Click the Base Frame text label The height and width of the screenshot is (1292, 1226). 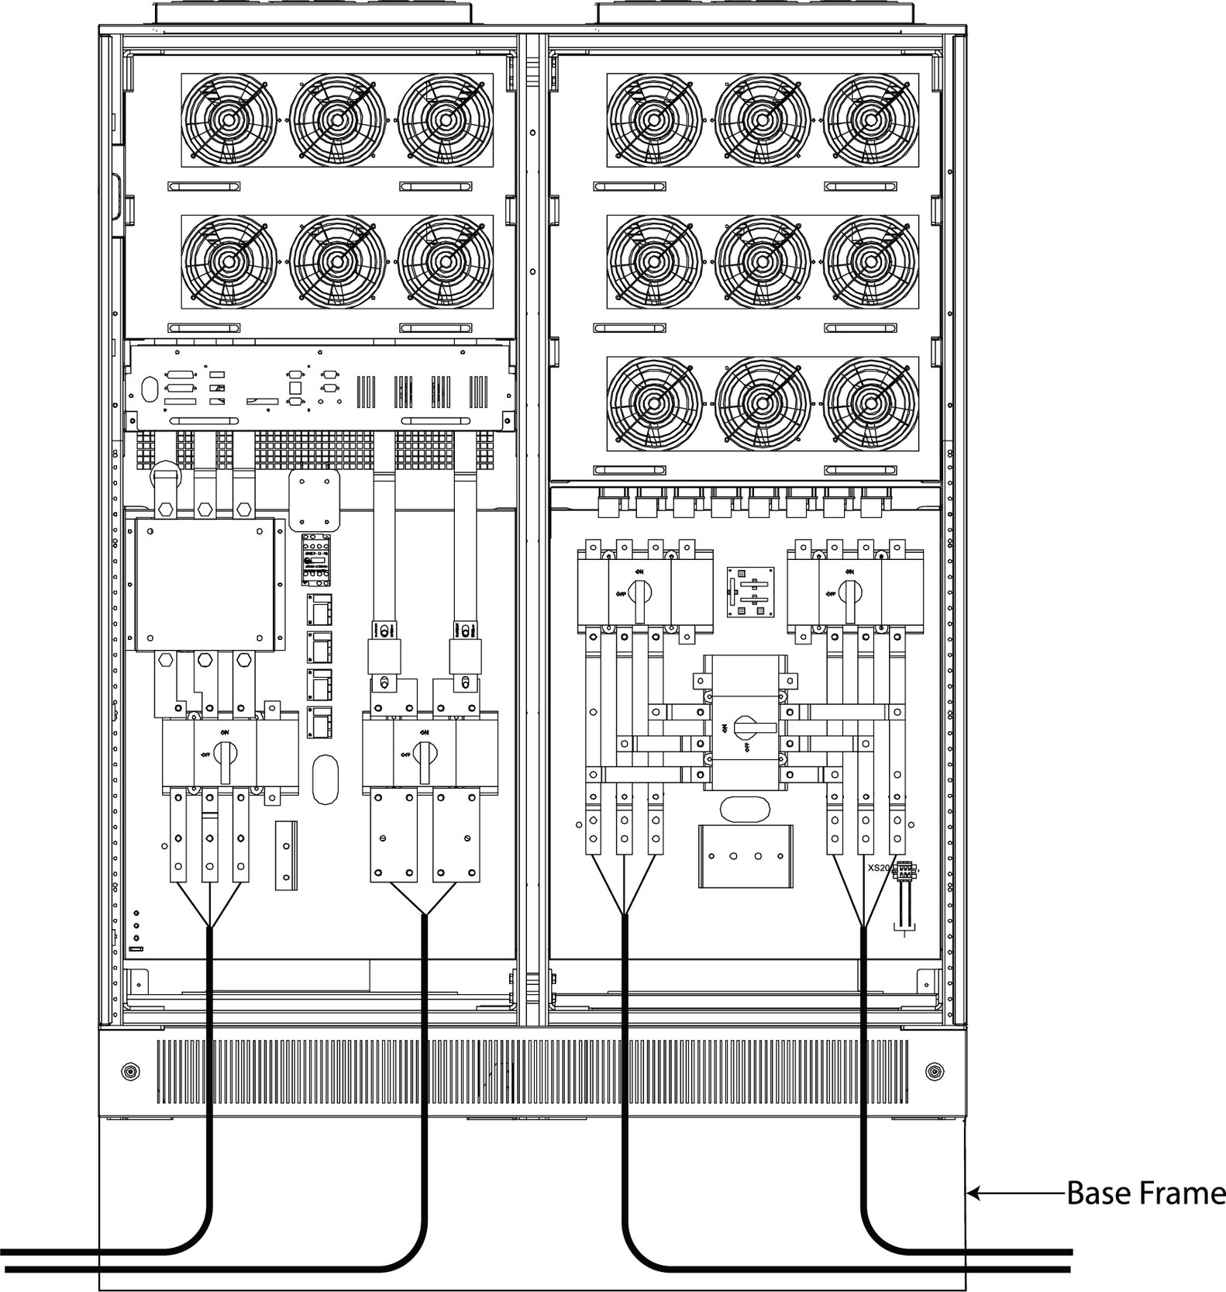tap(1145, 1193)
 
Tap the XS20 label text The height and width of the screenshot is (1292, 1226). tap(878, 868)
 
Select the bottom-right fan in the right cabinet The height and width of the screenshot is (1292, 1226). tap(870, 404)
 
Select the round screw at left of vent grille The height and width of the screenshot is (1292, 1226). tap(129, 1073)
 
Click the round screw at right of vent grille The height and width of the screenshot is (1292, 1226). tap(935, 1073)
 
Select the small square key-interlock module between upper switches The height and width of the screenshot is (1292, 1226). tap(749, 592)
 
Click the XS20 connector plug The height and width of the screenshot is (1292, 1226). tap(903, 871)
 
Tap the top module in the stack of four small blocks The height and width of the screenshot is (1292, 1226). tap(319, 610)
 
